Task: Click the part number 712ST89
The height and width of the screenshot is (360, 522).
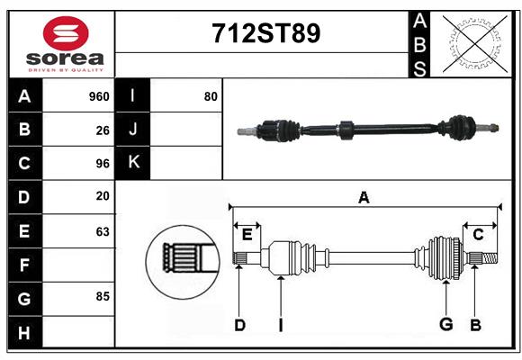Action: [265, 33]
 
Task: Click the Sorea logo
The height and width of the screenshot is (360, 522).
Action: [66, 43]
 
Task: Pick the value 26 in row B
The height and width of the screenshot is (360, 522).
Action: [103, 130]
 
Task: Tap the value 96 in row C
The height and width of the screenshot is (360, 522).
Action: [103, 164]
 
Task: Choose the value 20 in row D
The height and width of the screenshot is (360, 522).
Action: [103, 196]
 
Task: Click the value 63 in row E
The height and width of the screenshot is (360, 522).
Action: [103, 231]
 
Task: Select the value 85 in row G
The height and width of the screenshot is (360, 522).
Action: [103, 295]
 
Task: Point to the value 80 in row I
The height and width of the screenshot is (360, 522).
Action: [211, 96]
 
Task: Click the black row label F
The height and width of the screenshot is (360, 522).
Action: [24, 265]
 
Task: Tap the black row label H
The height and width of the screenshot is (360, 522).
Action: [24, 332]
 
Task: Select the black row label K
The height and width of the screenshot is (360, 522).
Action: [133, 163]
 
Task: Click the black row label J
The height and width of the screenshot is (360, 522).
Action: [133, 130]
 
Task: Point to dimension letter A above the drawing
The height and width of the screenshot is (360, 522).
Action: [364, 198]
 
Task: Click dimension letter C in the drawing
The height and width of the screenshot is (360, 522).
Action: [478, 235]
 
